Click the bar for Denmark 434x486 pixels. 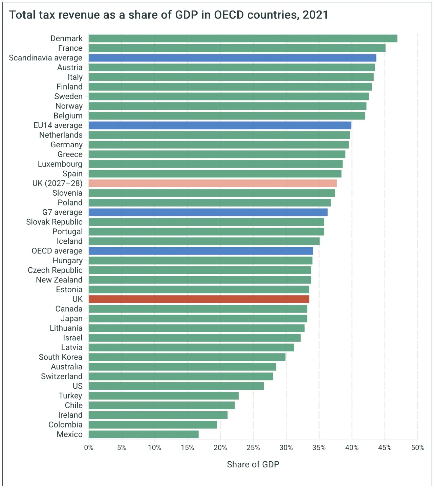[x=243, y=39]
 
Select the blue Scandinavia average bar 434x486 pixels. [x=232, y=58]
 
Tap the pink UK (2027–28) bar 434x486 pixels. [x=213, y=183]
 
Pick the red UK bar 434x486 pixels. [x=199, y=299]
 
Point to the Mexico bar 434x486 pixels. [x=144, y=434]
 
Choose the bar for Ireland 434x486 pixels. [x=158, y=415]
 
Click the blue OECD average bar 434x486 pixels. [x=201, y=251]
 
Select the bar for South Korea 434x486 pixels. [x=187, y=357]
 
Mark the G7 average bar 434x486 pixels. [x=208, y=212]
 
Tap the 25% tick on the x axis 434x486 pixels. [x=253, y=448]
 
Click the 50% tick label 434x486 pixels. [x=417, y=448]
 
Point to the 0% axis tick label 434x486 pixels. [x=89, y=448]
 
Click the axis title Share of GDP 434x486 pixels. [x=253, y=464]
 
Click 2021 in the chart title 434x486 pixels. [x=315, y=15]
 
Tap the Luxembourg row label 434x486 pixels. [x=60, y=164]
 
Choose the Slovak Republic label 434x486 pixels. [x=54, y=222]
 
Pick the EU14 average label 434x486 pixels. [x=58, y=125]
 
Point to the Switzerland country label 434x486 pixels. [x=62, y=376]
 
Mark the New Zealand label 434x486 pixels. [x=59, y=280]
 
